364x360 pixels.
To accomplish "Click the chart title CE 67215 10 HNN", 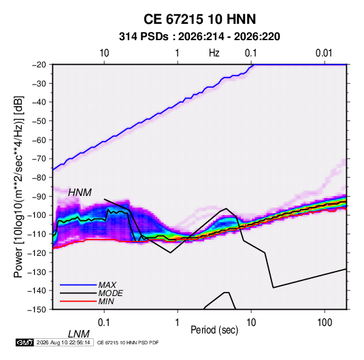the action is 199,19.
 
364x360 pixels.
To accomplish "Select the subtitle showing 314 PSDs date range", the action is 199,37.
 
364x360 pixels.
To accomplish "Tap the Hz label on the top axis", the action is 214,53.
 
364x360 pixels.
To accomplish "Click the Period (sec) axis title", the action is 214,330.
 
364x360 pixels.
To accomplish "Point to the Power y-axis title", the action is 18,186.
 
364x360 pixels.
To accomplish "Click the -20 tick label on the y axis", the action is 39,65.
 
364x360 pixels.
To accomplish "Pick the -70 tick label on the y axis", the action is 39,159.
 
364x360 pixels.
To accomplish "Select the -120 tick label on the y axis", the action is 37,253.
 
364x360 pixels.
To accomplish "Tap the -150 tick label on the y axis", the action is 37,310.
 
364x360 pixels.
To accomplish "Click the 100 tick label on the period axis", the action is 324,323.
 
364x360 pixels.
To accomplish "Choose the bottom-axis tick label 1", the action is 178,323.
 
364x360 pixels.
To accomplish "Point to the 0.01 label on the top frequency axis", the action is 324,53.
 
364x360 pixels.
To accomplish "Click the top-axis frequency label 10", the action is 104,53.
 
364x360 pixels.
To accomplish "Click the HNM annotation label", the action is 80,193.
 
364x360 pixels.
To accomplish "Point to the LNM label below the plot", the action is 79,334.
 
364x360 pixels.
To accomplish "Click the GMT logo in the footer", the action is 24,342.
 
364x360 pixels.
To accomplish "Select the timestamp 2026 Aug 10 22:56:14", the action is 63,342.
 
